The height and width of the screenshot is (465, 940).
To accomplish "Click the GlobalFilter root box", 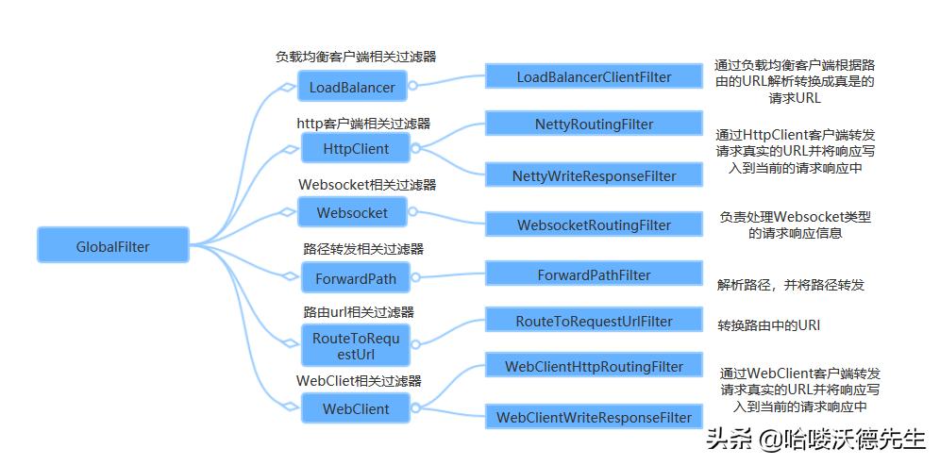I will pos(113,247).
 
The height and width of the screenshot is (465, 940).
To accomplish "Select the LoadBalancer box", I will pos(352,88).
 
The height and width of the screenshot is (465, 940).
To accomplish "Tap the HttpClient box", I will pos(355,149).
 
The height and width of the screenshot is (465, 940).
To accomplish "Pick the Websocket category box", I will pos(352,212).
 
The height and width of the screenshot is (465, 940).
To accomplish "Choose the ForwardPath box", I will pos(355,278).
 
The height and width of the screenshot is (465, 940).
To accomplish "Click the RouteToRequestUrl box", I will pos(355,346).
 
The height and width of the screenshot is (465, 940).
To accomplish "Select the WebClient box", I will pos(355,409).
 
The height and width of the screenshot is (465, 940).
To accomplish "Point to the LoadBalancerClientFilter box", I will pos(594,76).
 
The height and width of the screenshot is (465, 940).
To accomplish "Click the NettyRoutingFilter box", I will pos(594,124).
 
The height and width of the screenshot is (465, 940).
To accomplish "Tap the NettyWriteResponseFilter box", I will pos(594,175).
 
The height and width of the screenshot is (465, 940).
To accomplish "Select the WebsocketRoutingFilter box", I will pos(594,225).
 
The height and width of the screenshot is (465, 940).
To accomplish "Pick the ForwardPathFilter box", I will pos(594,274).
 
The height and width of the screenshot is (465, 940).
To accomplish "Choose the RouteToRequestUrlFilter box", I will pos(594,321).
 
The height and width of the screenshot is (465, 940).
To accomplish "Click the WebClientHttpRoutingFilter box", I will pos(594,366).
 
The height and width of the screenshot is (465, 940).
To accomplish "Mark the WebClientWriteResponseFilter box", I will pos(594,417).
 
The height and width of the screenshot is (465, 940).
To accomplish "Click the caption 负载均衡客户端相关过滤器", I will pos(356,57).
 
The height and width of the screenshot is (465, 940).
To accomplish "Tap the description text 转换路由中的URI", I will pos(768,325).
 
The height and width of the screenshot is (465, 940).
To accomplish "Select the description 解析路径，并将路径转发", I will pos(791,284).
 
